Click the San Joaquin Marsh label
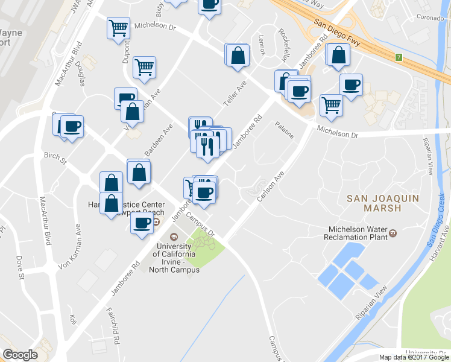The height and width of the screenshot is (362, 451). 374,203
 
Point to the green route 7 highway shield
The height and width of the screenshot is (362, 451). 398,57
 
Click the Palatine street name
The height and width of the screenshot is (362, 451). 284,130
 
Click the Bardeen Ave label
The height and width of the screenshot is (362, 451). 158,139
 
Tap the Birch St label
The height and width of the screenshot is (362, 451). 55,157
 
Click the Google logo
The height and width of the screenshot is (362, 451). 20,355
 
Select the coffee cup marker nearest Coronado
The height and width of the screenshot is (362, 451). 350,84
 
